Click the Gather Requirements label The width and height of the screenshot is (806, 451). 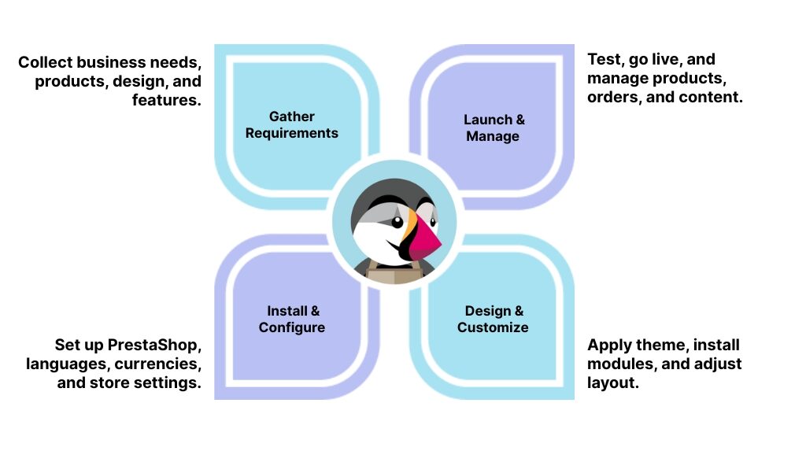[291, 125]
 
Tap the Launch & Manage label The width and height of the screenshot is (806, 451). [494, 128]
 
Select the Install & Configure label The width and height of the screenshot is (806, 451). [292, 319]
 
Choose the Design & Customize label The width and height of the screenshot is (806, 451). [494, 319]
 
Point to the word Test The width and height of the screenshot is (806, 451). [604, 59]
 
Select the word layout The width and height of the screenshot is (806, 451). [612, 383]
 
